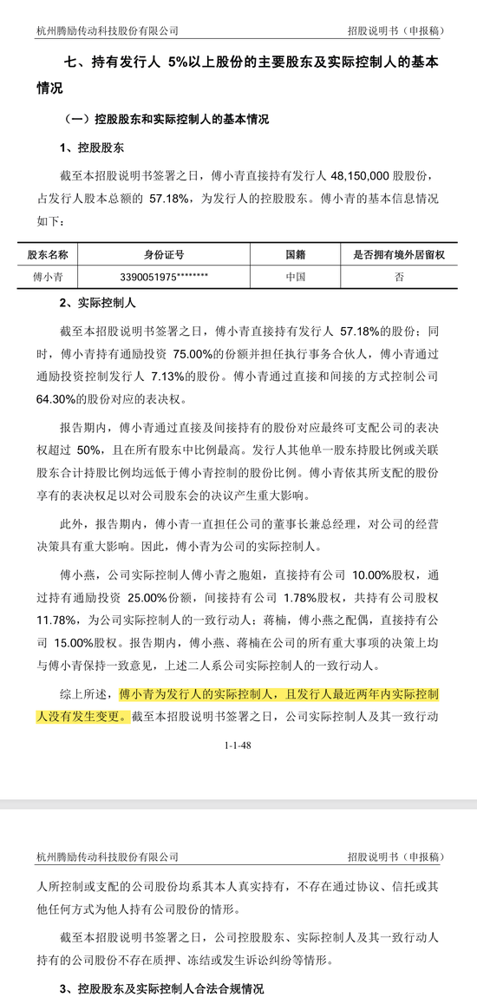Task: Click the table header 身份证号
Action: pyautogui.click(x=163, y=255)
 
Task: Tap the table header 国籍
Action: pyautogui.click(x=296, y=255)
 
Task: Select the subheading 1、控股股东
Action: pyautogui.click(x=91, y=148)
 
